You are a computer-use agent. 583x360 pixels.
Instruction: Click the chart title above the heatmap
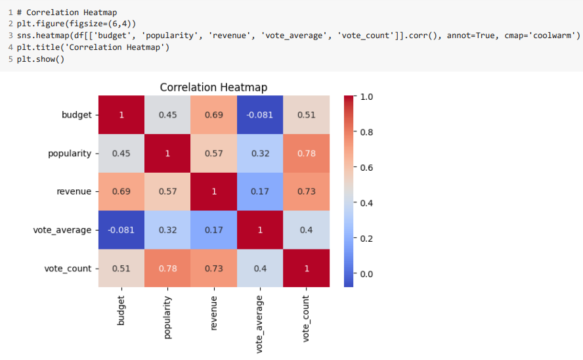213,87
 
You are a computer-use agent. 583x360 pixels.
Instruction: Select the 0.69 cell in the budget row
213,115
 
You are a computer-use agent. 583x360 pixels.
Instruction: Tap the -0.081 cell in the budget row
259,115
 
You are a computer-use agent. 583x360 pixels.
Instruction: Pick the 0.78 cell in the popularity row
306,154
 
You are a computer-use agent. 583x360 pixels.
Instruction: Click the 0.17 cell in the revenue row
259,192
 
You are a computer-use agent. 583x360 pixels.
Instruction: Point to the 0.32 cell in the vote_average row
167,231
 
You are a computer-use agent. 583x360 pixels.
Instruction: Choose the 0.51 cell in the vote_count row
121,269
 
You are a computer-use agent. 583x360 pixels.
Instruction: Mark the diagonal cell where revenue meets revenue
213,192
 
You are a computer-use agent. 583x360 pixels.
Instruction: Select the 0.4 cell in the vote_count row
259,269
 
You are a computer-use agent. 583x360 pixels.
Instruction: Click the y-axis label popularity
69,154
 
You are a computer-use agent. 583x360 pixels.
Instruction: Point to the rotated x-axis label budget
121,311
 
